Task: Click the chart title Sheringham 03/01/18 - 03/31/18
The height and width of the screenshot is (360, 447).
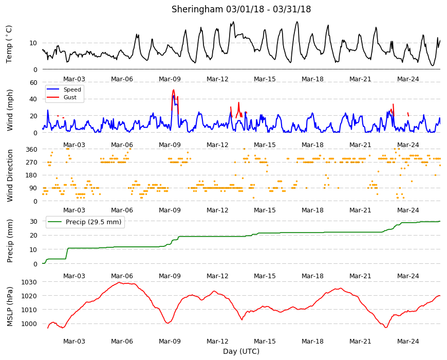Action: coord(241,9)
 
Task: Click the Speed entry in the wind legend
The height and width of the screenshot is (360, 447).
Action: coord(72,89)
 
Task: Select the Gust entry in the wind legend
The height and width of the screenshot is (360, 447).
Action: coord(70,97)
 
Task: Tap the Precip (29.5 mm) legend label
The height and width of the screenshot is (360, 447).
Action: coord(94,222)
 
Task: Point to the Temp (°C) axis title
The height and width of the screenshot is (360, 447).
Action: coord(9,44)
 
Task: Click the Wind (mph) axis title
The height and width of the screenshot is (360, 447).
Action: coord(10,110)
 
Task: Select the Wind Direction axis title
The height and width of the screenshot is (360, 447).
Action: coord(10,176)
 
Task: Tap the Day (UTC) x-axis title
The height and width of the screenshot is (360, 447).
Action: coord(241,351)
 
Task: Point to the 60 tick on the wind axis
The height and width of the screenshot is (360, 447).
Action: coord(33,82)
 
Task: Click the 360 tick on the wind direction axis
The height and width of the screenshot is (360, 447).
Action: coord(32,150)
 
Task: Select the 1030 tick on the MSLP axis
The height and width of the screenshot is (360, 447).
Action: coord(30,282)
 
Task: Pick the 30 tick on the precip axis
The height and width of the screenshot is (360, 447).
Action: coord(33,222)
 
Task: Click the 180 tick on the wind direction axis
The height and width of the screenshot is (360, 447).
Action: coord(32,175)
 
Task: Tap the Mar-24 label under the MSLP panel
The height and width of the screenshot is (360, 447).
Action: coord(408,341)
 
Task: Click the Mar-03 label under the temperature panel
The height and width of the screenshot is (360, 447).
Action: coord(74,79)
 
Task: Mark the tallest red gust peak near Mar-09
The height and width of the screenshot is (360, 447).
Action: coord(173,90)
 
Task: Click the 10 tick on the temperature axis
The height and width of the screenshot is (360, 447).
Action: coord(33,43)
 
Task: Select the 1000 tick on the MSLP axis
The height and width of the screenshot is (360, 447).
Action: coord(30,324)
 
